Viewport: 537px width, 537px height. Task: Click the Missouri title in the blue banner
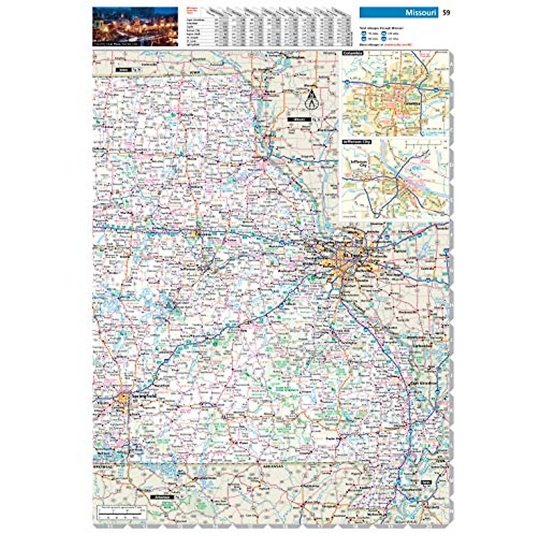point(420,13)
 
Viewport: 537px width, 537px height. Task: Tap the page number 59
point(446,13)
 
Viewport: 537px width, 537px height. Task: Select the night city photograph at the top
point(135,26)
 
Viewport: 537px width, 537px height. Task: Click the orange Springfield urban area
point(124,397)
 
